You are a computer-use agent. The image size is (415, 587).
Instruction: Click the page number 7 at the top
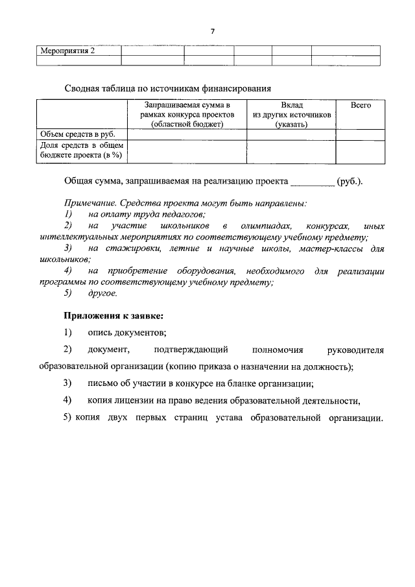212,31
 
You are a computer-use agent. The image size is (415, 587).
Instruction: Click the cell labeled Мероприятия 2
68,51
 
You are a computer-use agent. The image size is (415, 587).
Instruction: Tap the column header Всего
360,105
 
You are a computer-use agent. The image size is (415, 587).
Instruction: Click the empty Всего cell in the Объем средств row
360,134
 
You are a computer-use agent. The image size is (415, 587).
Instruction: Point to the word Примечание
90,203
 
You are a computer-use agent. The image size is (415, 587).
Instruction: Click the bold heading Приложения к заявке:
113,316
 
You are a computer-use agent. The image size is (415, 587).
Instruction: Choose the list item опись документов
127,333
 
